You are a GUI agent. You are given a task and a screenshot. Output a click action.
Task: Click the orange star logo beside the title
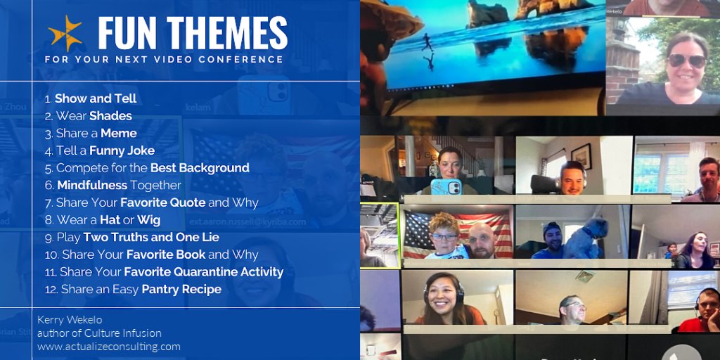coord(65,32)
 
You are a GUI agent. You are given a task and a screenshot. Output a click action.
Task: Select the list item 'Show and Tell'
coord(96,98)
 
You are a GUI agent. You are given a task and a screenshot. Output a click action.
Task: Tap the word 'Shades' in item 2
coord(110,116)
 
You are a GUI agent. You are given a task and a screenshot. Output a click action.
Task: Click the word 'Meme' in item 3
coord(119,133)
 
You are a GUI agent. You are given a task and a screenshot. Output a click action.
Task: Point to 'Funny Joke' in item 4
coord(123,150)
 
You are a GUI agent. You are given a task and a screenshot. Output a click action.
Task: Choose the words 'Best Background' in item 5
coord(200,168)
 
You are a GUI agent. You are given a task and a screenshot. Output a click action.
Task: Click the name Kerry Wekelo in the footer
coord(70,320)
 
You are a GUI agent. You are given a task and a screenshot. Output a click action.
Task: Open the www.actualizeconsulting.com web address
coord(109,346)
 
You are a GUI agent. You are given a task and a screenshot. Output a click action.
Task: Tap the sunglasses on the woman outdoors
coord(686,60)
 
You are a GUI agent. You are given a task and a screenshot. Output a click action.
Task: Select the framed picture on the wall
coord(581,155)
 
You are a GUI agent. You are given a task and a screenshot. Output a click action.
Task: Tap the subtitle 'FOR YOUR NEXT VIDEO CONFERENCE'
coord(164,60)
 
